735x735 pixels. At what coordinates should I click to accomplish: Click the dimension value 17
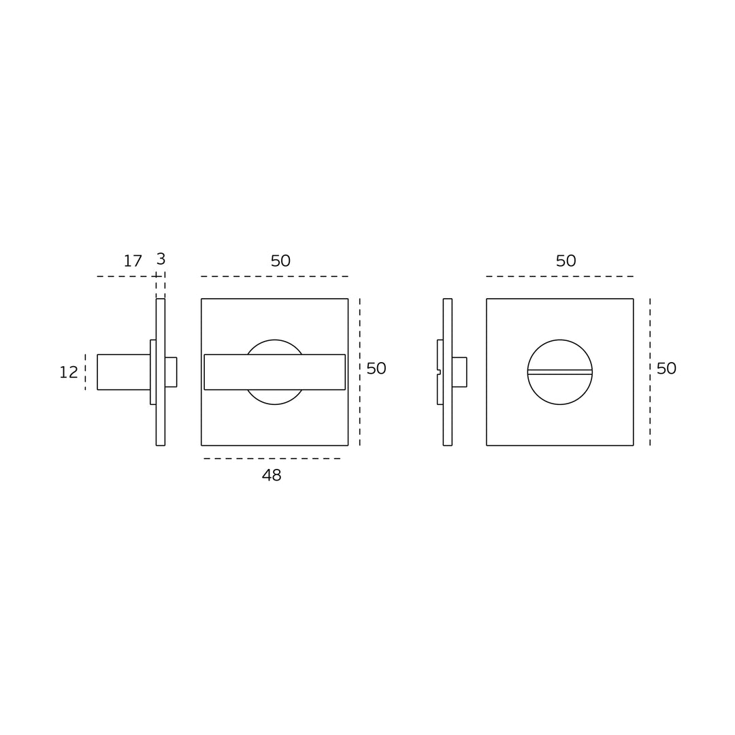(x=133, y=261)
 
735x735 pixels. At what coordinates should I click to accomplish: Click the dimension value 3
(x=161, y=259)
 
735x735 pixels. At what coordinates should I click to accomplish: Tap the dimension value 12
(x=69, y=372)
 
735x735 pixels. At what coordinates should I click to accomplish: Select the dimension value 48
(x=272, y=475)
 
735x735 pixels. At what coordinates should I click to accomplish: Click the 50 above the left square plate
(x=280, y=261)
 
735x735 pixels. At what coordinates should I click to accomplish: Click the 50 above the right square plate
(x=566, y=261)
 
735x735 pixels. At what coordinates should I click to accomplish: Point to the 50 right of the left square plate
(x=376, y=368)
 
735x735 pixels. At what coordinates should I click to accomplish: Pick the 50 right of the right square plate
(x=666, y=368)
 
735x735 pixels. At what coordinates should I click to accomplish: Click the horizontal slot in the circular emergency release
(x=559, y=372)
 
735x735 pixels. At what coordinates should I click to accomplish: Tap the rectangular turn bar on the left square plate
(x=275, y=372)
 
